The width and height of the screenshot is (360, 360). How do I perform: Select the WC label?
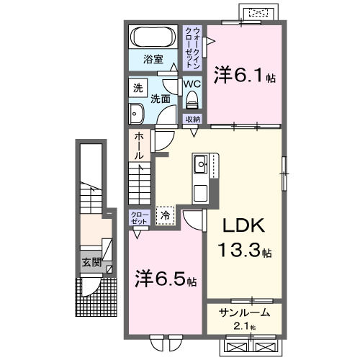(191, 84)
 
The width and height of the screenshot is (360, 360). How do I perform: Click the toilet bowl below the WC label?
(191, 101)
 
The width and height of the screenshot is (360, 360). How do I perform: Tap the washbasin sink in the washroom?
(136, 112)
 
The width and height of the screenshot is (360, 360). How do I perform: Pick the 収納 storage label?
(192, 120)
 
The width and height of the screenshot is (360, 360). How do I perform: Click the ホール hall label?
(138, 145)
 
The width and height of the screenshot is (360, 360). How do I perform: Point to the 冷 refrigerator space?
(165, 214)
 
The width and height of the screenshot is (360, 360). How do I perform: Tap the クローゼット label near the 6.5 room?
(139, 217)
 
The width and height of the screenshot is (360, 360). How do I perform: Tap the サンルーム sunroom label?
(245, 312)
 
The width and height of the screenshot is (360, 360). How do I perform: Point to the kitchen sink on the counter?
(199, 164)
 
